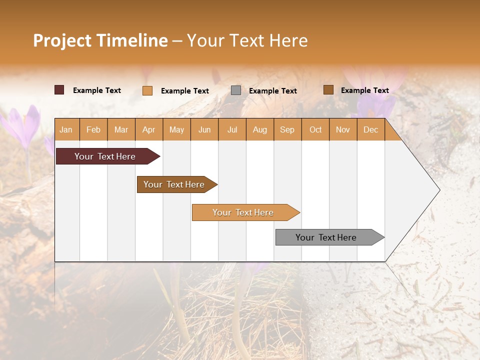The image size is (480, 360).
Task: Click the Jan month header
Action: [66, 129]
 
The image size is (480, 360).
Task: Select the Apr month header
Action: [149, 129]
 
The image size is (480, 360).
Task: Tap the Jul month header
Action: [232, 129]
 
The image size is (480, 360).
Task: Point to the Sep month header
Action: [287, 129]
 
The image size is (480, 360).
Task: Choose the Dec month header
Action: [370, 129]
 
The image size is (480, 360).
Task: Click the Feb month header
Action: [93, 129]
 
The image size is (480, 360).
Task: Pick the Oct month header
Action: [315, 129]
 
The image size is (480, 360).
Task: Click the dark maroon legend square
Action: [59, 90]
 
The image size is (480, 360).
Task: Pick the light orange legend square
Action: [147, 90]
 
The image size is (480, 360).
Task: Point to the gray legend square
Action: [236, 90]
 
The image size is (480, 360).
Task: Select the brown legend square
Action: [328, 90]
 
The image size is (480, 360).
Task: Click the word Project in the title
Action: [62, 40]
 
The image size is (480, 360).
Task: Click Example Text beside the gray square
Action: [272, 91]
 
